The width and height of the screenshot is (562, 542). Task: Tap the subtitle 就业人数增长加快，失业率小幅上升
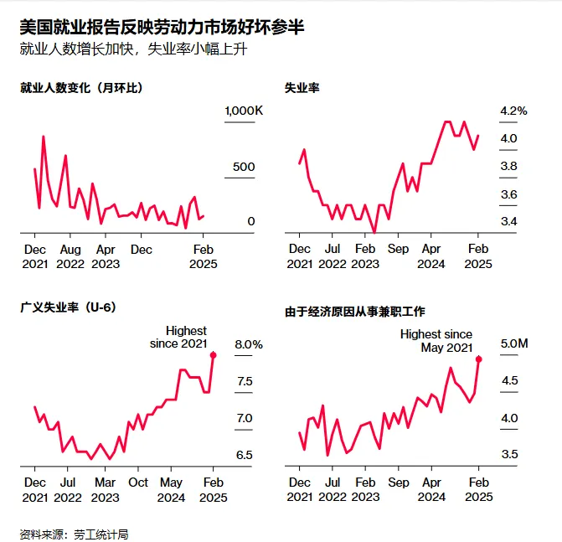coord(133,49)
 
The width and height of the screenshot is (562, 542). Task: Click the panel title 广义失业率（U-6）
coord(68,307)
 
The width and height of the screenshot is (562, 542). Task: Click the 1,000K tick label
coord(244,111)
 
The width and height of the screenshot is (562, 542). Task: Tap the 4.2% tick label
coord(513,111)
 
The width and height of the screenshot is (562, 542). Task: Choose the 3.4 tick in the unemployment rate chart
coord(508,221)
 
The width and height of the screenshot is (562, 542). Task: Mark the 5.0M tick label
coord(514,343)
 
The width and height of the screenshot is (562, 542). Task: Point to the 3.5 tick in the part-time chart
coord(509,455)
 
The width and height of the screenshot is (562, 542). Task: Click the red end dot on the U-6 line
coord(214,354)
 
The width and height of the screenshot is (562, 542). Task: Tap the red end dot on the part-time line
coord(479,359)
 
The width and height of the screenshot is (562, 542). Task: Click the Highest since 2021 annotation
coord(178,337)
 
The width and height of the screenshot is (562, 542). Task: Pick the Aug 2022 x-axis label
coord(70,256)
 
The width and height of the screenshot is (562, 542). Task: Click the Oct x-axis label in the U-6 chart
coord(138,483)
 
